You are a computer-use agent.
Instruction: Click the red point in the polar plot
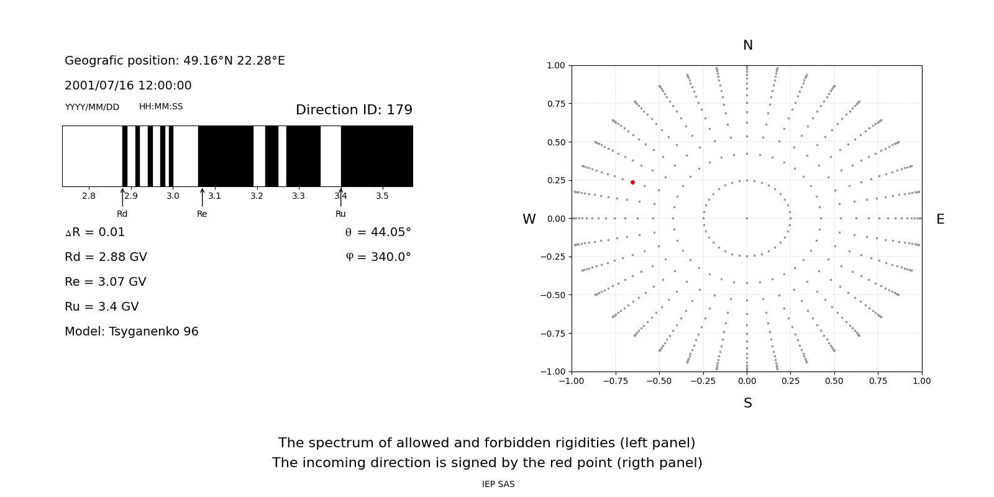click(632, 182)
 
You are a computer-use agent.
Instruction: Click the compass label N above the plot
click(747, 45)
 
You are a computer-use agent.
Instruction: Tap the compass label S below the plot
click(747, 403)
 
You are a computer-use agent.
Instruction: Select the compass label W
click(529, 219)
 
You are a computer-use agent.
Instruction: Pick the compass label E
click(940, 219)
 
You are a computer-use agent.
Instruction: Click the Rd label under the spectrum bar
click(122, 214)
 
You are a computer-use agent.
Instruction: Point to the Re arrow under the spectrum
click(202, 198)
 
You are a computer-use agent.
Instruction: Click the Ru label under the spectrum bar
click(340, 214)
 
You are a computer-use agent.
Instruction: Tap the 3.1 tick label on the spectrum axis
click(214, 196)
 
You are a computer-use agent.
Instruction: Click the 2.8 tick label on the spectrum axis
click(89, 196)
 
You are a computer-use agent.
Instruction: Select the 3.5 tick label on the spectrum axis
click(382, 196)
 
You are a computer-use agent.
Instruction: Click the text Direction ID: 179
click(353, 110)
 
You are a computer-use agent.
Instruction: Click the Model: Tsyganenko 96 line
click(132, 332)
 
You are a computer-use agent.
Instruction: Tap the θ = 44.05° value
click(378, 232)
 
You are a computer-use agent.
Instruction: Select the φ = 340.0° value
click(378, 257)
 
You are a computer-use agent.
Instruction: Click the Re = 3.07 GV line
click(106, 282)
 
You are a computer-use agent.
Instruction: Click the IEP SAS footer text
click(498, 485)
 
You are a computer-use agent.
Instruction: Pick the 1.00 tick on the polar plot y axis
click(555, 65)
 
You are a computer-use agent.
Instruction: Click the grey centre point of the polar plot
click(747, 218)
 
